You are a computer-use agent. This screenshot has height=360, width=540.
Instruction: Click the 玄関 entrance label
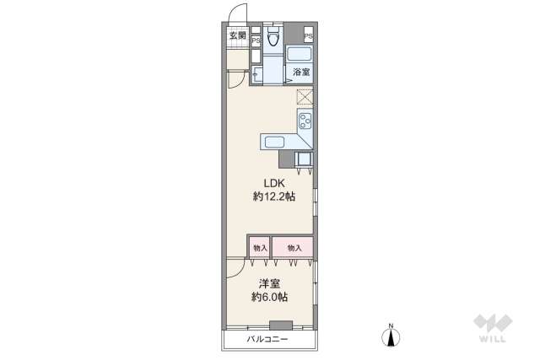237,35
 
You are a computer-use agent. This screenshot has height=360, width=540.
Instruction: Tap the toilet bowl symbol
273,37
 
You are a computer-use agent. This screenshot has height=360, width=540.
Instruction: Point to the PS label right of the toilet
308,36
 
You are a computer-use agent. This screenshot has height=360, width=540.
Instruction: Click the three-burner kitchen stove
305,120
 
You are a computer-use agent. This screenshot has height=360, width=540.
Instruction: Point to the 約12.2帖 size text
273,197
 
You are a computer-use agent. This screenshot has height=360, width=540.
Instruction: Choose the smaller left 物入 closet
259,247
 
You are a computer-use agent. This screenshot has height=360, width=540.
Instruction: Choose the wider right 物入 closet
294,247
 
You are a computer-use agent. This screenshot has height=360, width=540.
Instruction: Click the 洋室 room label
269,284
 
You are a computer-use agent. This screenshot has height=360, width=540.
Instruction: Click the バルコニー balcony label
267,340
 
